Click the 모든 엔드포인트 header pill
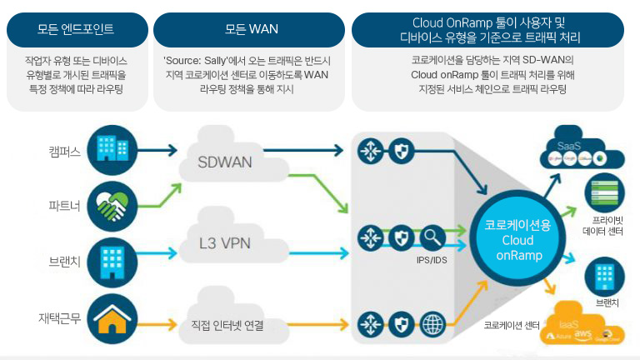coord(76,29)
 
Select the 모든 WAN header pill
coord(251,29)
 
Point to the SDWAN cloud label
coord(224,161)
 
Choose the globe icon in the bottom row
coord(433,325)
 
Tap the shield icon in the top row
coord(402,151)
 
